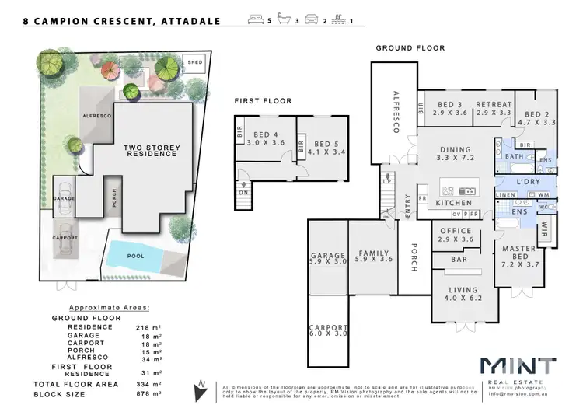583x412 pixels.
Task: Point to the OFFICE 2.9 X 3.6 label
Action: (456, 236)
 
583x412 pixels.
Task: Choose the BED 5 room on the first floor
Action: (322, 148)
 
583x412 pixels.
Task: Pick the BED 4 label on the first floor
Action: (261, 138)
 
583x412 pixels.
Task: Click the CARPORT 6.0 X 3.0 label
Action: (327, 332)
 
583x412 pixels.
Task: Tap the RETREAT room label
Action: (494, 109)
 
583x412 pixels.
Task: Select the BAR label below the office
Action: (459, 260)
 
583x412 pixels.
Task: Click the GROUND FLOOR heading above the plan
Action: (410, 48)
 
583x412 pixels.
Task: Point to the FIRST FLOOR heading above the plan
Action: (263, 101)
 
